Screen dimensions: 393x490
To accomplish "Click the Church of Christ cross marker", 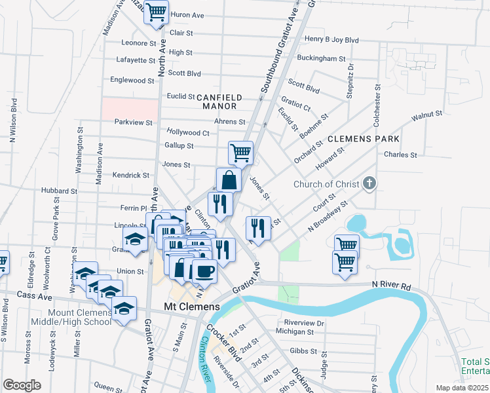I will coord(369,183).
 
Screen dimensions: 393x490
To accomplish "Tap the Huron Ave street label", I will coord(187,14).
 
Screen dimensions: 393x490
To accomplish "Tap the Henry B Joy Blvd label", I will coord(332,40).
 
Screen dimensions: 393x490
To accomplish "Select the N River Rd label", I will coord(391,286).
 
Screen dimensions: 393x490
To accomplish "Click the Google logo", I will coord(22,384).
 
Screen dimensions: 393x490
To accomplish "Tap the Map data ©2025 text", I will coord(462,388).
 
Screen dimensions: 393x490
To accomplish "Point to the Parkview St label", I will coord(133,122).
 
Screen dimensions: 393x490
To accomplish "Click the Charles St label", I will coord(400,155).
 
